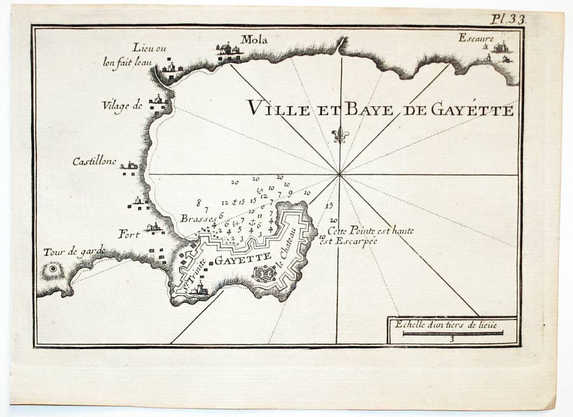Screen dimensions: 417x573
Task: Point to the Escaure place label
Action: click(476, 38)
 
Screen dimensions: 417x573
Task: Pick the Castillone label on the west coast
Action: click(94, 162)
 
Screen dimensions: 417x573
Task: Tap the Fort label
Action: click(129, 234)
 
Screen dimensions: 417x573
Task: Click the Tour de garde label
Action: click(74, 250)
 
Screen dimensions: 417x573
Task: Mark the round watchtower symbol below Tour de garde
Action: click(53, 269)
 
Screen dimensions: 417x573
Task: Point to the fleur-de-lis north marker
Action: click(340, 136)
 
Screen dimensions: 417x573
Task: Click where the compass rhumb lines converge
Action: click(340, 174)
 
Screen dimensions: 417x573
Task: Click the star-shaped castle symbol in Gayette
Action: click(264, 274)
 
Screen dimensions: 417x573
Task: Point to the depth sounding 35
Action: click(329, 206)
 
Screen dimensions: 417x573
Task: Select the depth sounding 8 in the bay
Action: click(199, 202)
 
